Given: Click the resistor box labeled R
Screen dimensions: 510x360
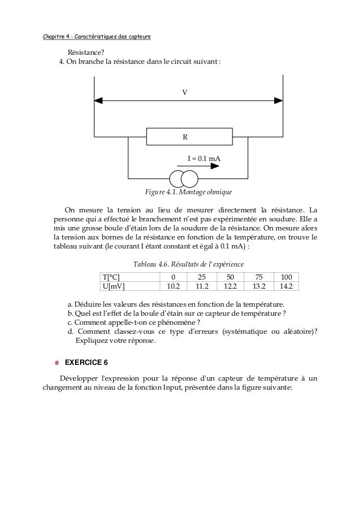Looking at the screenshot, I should [189, 137].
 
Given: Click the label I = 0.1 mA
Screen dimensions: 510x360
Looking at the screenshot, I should [204, 159].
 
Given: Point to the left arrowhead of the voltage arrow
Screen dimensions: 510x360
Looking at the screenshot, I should [99, 101].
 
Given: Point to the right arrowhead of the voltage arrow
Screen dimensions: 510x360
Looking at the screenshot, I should [278, 101].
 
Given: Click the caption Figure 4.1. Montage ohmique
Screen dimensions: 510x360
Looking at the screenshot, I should [188, 193].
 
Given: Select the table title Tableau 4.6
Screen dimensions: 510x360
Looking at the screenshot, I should [188, 264].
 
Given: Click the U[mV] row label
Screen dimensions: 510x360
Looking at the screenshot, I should [112, 286].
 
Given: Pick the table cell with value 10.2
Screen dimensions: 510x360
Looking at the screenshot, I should [173, 286].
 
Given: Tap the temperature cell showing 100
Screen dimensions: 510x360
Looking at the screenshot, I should [286, 277].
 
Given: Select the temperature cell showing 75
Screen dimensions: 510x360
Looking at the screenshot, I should [258, 277].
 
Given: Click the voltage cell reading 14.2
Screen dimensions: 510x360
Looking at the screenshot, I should [286, 286].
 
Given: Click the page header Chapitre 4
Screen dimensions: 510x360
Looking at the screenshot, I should [96, 38].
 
